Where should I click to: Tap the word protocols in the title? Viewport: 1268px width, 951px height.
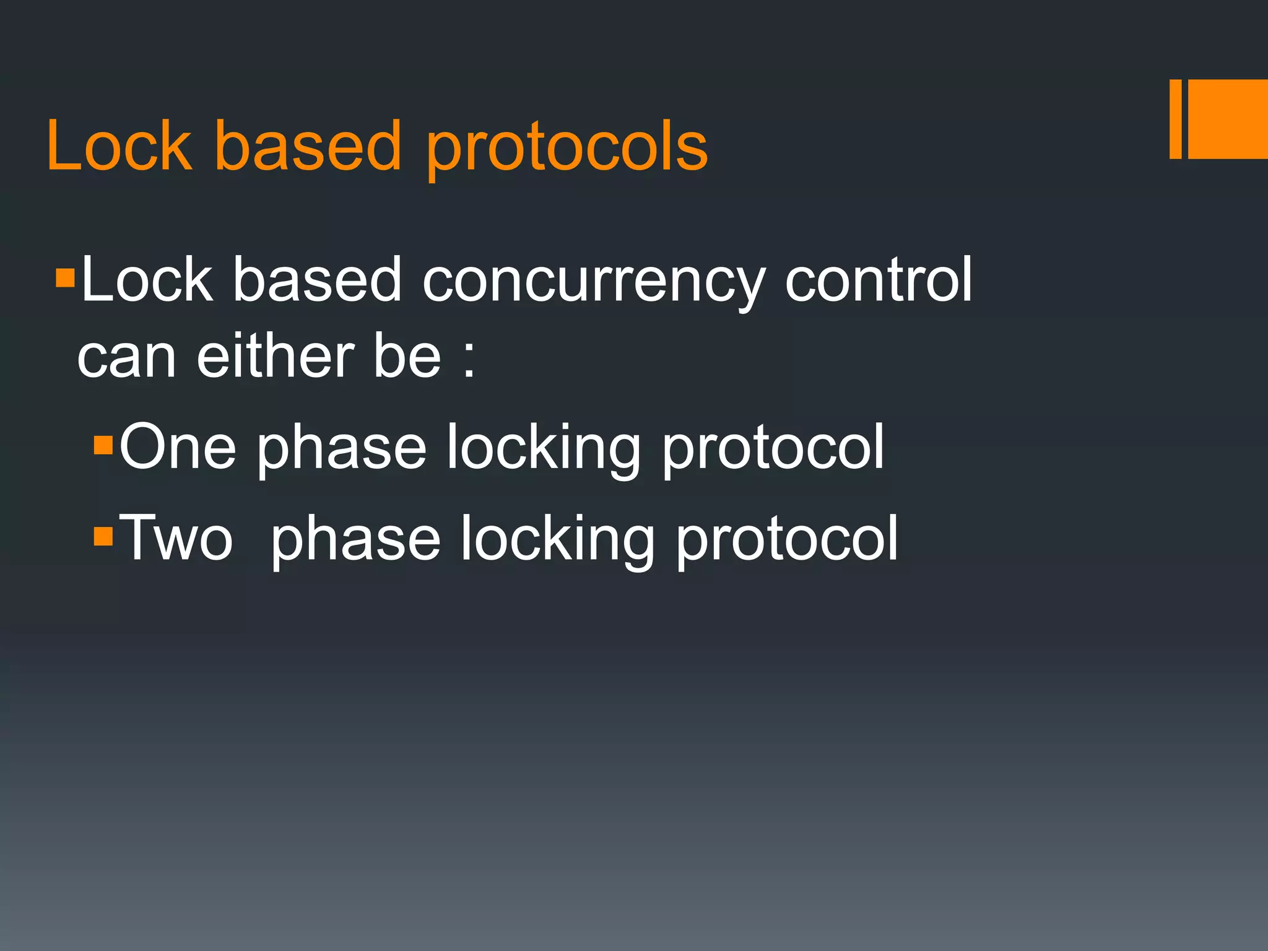pyautogui.click(x=566, y=149)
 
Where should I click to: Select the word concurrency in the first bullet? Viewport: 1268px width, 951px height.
pyautogui.click(x=594, y=282)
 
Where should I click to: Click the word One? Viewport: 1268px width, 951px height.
pyautogui.click(x=178, y=447)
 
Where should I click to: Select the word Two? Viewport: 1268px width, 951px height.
pyautogui.click(x=176, y=538)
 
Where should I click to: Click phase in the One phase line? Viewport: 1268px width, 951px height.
pyautogui.click(x=341, y=449)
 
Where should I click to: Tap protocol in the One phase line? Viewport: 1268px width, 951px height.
pyautogui.click(x=773, y=449)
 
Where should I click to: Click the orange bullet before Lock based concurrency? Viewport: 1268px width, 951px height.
pyautogui.click(x=64, y=279)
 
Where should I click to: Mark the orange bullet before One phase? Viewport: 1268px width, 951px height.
pyautogui.click(x=103, y=446)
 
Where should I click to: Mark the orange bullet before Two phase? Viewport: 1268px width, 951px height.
pyautogui.click(x=103, y=536)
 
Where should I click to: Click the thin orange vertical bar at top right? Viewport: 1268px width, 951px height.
pyautogui.click(x=1175, y=119)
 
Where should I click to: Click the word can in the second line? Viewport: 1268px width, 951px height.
pyautogui.click(x=126, y=359)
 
